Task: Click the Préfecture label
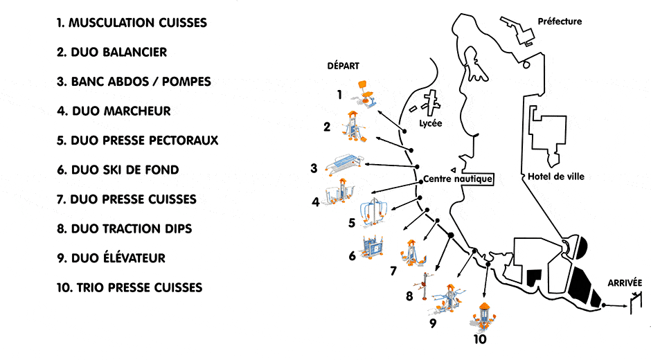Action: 560,21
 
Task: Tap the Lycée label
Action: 430,124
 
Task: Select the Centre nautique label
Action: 458,179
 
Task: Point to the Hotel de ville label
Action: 555,177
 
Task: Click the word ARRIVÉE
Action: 625,283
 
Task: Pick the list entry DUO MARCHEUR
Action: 114,111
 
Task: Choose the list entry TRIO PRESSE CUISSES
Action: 130,287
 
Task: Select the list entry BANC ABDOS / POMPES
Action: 134,82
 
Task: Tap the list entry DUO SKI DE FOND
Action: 118,170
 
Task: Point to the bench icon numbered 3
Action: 340,164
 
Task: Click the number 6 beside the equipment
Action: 352,256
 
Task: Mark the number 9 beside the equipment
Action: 432,322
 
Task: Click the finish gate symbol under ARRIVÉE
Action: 634,303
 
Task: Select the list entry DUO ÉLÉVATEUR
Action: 111,258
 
